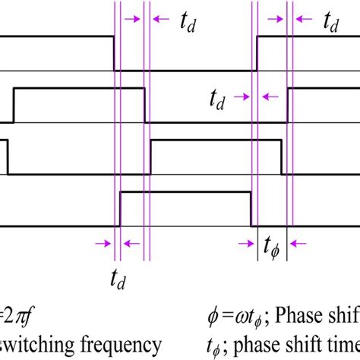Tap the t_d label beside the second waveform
(219, 97)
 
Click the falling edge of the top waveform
(114, 53)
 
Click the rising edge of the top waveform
(258, 53)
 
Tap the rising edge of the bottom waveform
(121, 209)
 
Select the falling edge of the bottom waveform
(251, 209)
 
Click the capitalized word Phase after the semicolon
(331, 313)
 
